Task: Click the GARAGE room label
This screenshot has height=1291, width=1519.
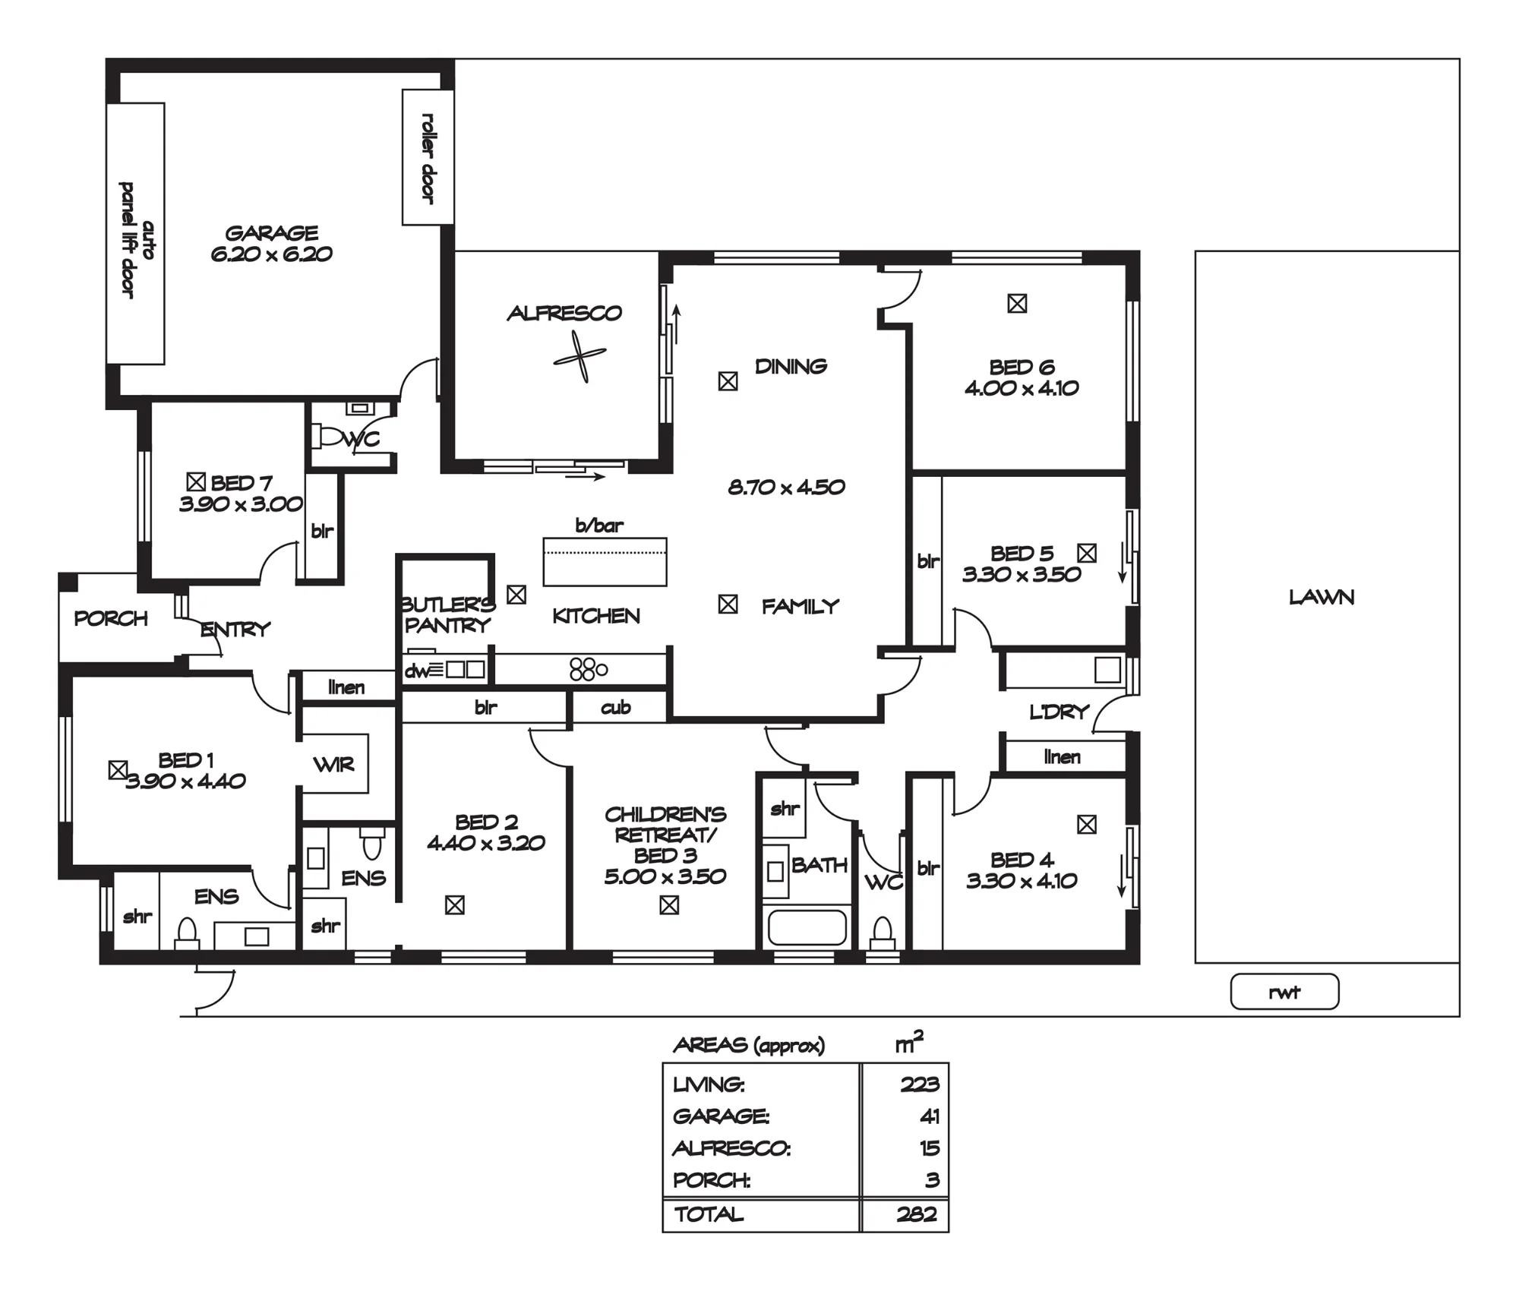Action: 272,233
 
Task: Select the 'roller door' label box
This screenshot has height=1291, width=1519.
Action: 428,157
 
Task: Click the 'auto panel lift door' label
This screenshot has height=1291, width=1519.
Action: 136,240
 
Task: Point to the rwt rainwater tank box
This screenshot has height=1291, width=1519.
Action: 1284,992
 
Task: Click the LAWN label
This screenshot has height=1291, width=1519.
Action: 1322,598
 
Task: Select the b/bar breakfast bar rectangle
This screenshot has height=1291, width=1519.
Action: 605,562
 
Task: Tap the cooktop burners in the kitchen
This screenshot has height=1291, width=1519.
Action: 588,669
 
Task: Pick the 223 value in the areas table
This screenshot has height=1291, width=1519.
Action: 920,1084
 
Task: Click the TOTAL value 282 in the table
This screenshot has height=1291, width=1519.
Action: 917,1214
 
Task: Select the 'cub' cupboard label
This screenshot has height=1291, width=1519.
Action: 615,708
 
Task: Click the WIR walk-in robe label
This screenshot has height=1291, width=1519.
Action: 333,765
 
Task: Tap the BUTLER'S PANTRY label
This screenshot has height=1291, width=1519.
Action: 448,615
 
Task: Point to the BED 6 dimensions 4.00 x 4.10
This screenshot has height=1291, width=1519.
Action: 1022,389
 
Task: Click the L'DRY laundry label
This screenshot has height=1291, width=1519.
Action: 1060,712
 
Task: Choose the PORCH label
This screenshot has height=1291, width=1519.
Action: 111,619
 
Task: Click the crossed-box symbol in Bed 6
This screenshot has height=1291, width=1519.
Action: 1017,304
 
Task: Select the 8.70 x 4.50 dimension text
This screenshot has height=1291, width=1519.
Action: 786,488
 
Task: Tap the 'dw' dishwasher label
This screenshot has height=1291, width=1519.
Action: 415,671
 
